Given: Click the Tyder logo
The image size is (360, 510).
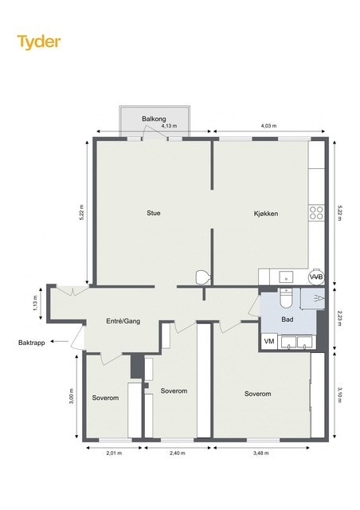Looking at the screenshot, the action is click(39, 42).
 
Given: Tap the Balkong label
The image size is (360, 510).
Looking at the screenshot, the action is click(154, 119).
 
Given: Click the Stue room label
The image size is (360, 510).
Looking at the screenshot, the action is click(154, 213).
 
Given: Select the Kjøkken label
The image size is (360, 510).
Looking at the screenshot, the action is click(266, 214).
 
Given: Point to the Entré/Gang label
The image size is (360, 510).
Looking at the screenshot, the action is click(123, 321).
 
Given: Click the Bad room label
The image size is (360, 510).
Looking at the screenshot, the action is click(288, 320).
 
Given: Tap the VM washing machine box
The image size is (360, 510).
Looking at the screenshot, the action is click(269, 342).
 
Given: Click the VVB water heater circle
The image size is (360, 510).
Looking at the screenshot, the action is click(316, 277).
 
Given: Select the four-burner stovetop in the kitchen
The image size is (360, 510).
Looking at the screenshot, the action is click(316, 213).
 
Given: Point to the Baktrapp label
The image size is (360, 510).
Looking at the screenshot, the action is click(32, 343).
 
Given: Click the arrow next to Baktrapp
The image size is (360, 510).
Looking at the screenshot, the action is click(60, 342).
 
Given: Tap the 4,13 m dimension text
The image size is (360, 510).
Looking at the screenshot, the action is click(169, 126).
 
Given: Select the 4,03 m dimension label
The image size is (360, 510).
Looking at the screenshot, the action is click(268, 126).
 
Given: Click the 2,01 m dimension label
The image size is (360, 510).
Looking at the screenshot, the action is click(114, 453).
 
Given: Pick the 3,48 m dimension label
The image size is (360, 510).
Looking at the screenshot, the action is click(260, 453).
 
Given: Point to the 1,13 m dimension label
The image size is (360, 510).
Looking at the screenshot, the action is click(36, 303).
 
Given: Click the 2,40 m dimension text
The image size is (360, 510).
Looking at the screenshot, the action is click(178, 453).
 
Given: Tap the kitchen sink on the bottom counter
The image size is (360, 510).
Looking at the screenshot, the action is click(286, 277).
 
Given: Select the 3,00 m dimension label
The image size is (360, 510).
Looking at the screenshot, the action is click(72, 397).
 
